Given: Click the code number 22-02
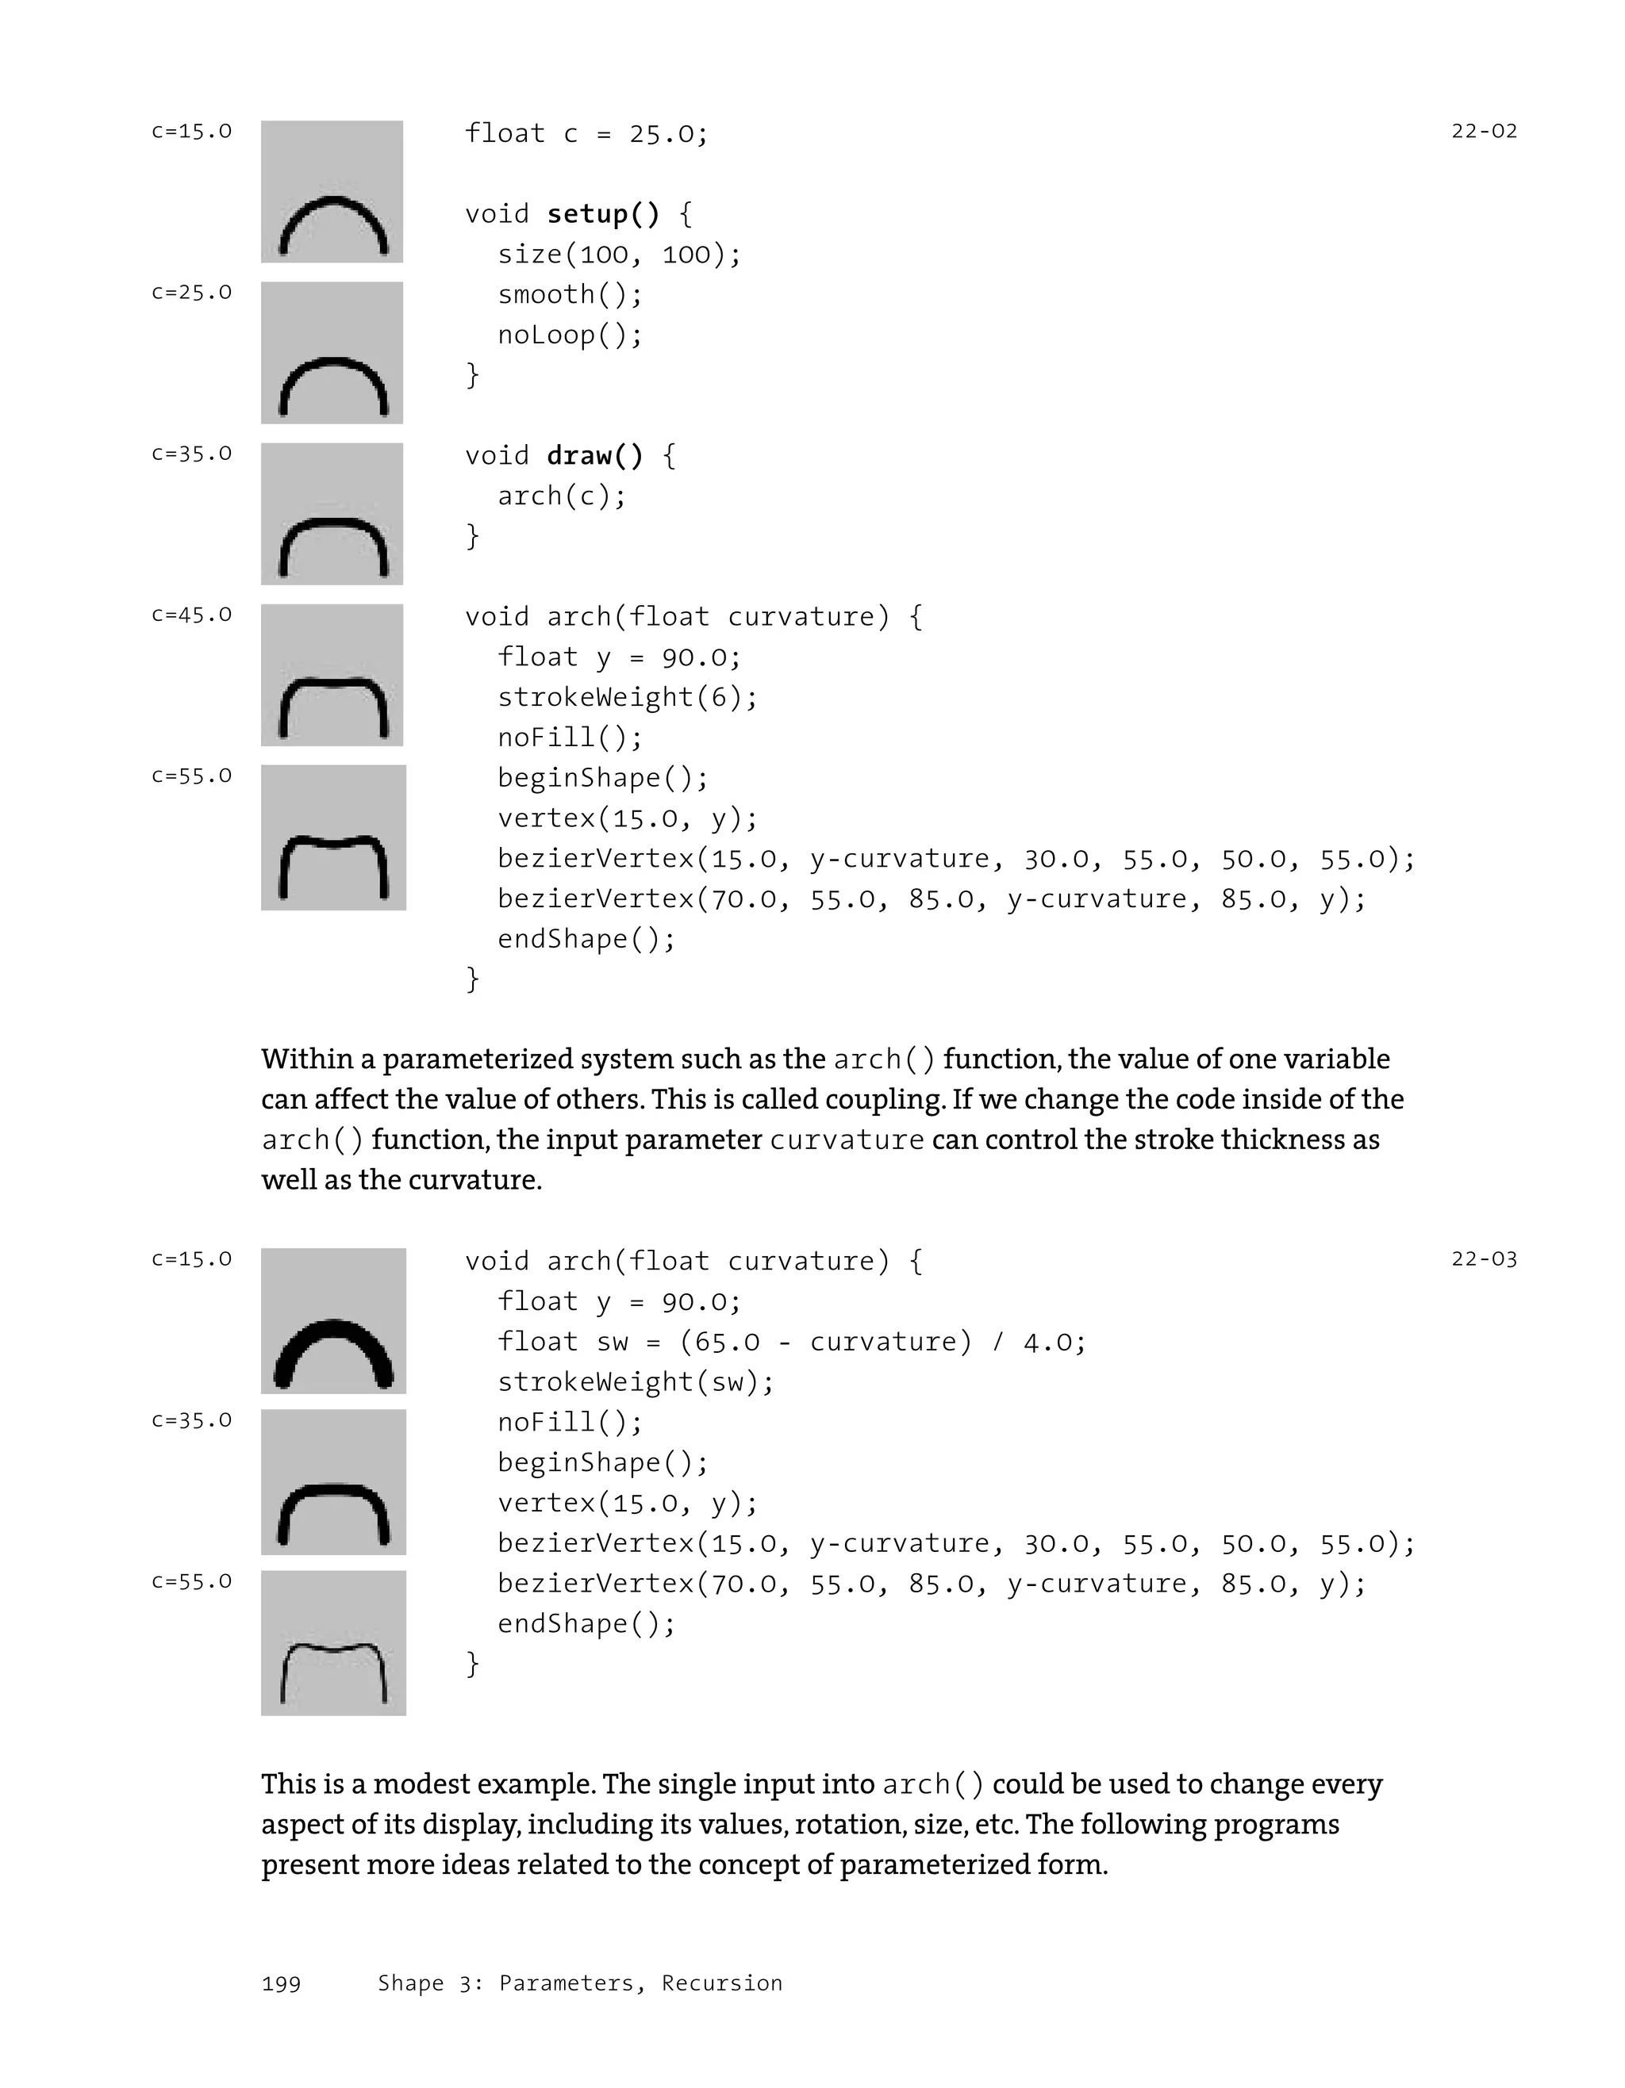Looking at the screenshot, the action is point(1484,131).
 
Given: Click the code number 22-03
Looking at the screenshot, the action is point(1484,1259).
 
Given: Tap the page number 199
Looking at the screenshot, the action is point(281,1984).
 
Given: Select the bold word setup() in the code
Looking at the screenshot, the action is point(602,213).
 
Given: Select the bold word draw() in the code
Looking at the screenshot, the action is point(595,455).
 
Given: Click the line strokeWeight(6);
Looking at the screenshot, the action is point(628,697).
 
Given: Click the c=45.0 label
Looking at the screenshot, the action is point(191,615).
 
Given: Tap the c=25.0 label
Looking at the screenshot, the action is point(191,293).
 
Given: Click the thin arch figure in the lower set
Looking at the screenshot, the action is point(332,1642).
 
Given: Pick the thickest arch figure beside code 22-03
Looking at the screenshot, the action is point(332,1320).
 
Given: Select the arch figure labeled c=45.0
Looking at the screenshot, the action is point(332,675).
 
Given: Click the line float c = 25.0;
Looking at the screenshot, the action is point(586,133).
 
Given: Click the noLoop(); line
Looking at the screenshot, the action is point(570,335).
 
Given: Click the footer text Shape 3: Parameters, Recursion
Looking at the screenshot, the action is point(579,1984).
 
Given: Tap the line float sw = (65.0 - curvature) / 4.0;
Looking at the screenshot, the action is point(792,1341).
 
